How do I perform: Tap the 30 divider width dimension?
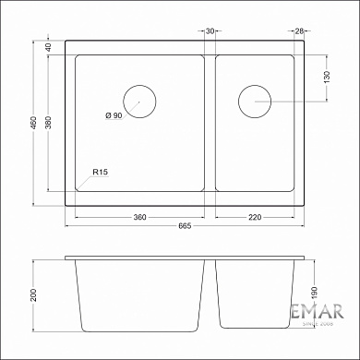click(x=210, y=30)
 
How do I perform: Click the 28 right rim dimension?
click(x=299, y=30)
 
